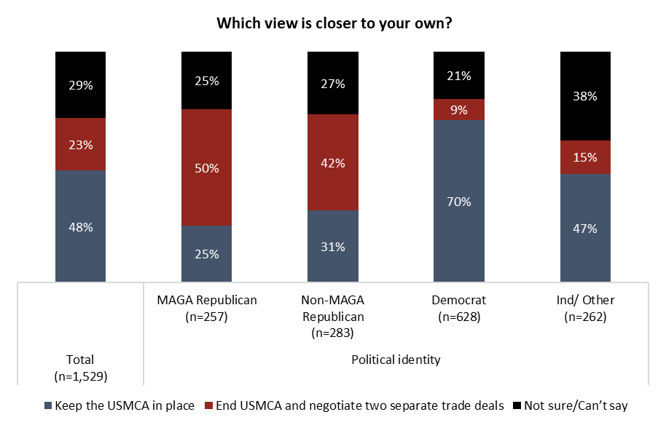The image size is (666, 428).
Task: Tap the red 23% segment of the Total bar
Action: click(81, 144)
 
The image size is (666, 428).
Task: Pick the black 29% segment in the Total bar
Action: click(81, 84)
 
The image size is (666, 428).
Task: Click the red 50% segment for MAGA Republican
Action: click(207, 167)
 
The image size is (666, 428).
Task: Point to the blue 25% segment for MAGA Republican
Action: click(207, 253)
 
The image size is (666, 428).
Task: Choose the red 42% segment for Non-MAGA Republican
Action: click(333, 162)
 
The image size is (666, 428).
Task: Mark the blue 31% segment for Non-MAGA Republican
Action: click(333, 246)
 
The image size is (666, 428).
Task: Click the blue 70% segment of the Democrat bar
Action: click(459, 201)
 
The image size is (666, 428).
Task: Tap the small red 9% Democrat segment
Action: click(459, 110)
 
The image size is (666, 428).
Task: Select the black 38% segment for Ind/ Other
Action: click(585, 95)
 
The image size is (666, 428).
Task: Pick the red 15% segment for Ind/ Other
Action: click(585, 157)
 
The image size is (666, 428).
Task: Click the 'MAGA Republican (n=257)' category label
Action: click(207, 308)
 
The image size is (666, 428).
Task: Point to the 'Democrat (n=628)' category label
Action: click(459, 308)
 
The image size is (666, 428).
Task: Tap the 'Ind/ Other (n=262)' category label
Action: click(585, 308)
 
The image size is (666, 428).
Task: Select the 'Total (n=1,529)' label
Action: click(79, 368)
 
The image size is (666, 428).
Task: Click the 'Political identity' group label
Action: click(396, 360)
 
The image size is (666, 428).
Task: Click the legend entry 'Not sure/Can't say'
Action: click(576, 405)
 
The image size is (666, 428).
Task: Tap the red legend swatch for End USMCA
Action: click(208, 405)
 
